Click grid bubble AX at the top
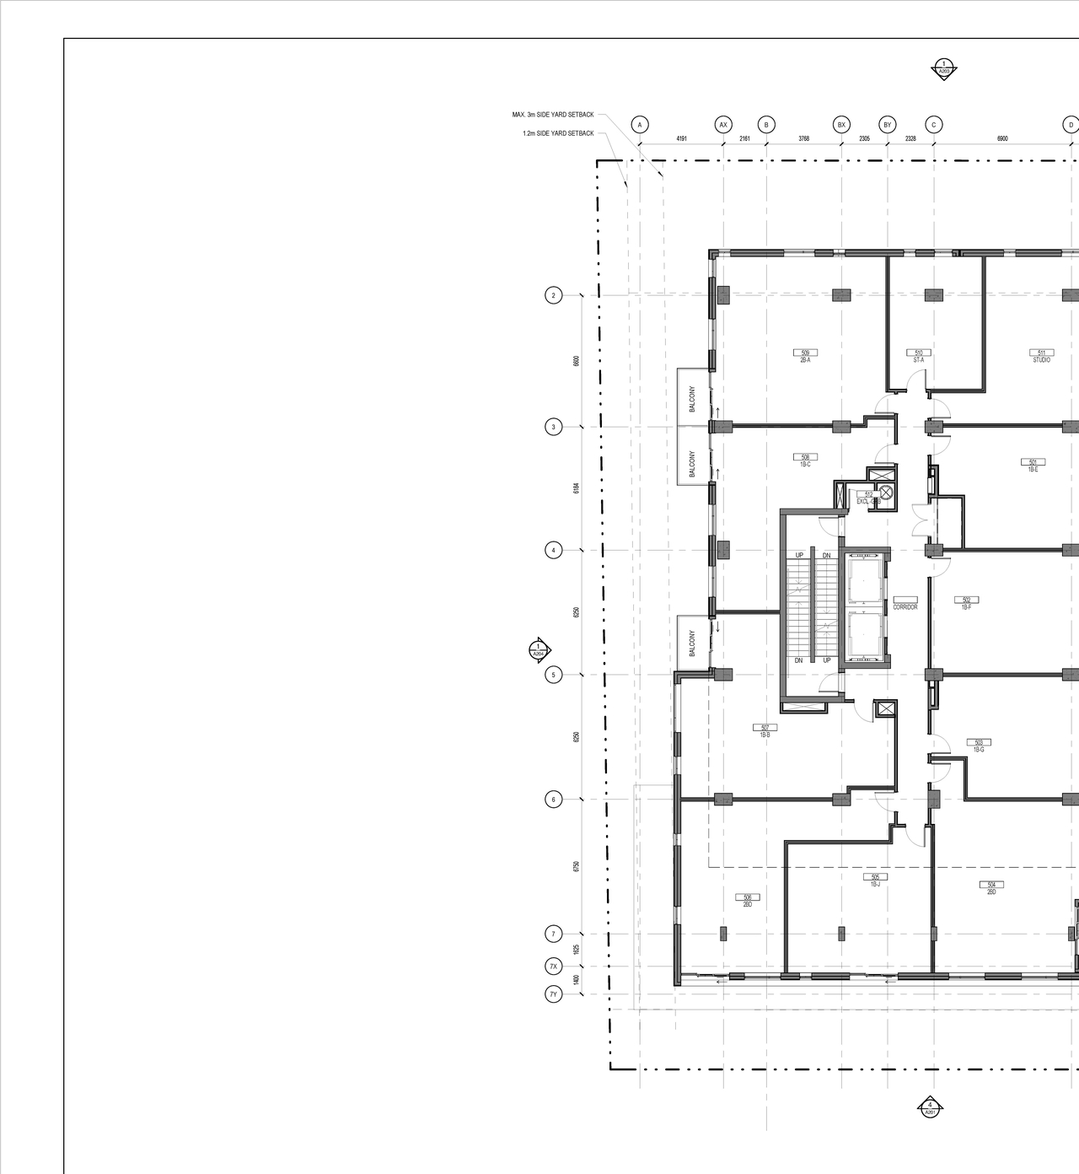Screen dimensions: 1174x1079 (x=723, y=125)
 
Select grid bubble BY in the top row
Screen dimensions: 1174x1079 (x=887, y=125)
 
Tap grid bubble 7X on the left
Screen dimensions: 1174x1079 (x=554, y=967)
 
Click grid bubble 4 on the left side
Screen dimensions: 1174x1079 (x=554, y=550)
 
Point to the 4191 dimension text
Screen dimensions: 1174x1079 (x=681, y=138)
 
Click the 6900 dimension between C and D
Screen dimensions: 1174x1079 (x=1002, y=138)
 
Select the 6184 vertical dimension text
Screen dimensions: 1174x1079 (x=577, y=488)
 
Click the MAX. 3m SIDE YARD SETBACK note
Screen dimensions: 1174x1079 (x=553, y=115)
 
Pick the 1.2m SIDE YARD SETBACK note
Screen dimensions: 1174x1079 (x=558, y=133)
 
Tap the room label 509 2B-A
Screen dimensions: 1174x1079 (x=805, y=356)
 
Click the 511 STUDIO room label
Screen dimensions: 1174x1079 (x=1041, y=356)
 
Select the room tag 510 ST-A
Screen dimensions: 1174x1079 (x=919, y=356)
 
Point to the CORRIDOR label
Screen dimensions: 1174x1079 (x=905, y=606)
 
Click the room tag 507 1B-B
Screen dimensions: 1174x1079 (x=765, y=731)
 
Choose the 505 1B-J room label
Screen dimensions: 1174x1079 (x=875, y=880)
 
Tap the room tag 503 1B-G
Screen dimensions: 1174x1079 (x=979, y=746)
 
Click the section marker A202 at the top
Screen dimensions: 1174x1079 (x=944, y=69)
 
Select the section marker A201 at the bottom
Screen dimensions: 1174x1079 (x=930, y=1108)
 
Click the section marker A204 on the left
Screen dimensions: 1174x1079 (x=539, y=650)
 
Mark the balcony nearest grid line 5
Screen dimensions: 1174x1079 (x=691, y=644)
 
